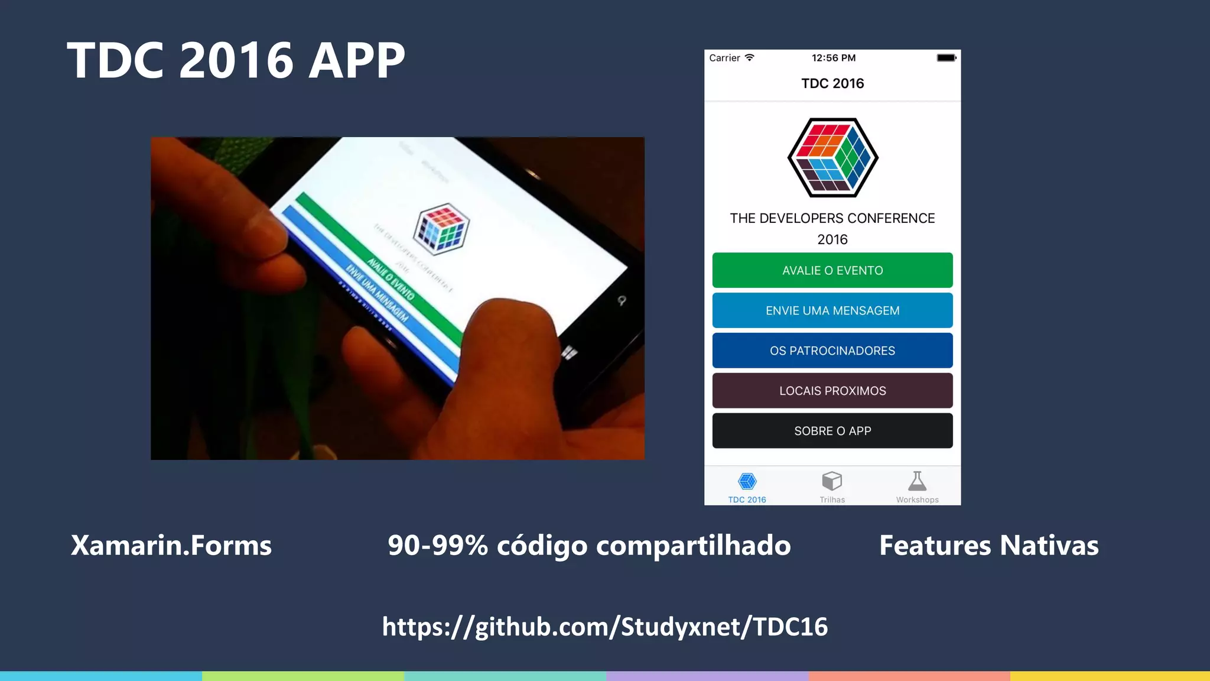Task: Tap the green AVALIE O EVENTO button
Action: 832,270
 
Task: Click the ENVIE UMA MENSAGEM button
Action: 832,310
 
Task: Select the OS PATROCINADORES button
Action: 832,351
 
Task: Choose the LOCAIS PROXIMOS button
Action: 832,391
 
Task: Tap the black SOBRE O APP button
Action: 832,431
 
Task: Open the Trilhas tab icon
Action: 832,481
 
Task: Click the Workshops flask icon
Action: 917,481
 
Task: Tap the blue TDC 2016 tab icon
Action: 747,481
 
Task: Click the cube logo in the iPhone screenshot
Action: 832,157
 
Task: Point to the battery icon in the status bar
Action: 946,58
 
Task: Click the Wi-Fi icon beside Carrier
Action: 750,57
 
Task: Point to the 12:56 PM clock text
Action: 833,58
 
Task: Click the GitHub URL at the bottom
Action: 604,627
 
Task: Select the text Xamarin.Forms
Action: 171,546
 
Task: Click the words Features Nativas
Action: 988,546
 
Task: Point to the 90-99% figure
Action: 438,546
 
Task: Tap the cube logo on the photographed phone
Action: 441,229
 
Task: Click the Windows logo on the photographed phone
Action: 569,353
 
